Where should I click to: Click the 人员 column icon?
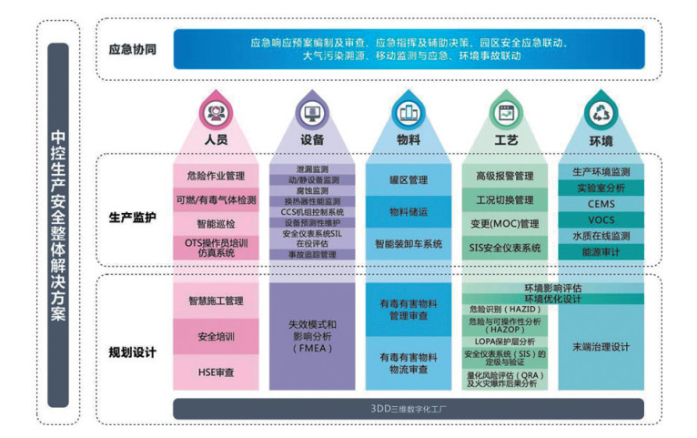pyautogui.click(x=216, y=113)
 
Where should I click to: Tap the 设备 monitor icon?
pyautogui.click(x=312, y=113)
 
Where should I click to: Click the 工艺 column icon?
pyautogui.click(x=505, y=113)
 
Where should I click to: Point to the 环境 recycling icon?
pyautogui.click(x=601, y=113)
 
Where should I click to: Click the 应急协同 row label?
pyautogui.click(x=132, y=49)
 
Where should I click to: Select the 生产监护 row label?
pyautogui.click(x=132, y=219)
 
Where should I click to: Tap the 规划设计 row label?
pyautogui.click(x=132, y=351)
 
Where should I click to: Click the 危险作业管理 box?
pyautogui.click(x=216, y=176)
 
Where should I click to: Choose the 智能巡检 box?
pyautogui.click(x=216, y=222)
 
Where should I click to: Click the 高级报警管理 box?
pyautogui.click(x=505, y=176)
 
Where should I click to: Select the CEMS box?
pyautogui.click(x=601, y=204)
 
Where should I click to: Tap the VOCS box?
pyautogui.click(x=601, y=219)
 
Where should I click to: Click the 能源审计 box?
pyautogui.click(x=601, y=251)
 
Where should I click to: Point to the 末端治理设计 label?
pyautogui.click(x=601, y=347)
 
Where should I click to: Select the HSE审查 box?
pyautogui.click(x=216, y=372)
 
